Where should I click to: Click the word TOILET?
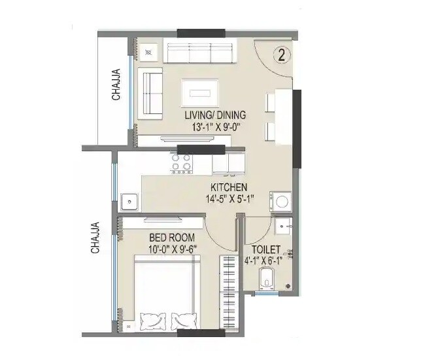pyautogui.click(x=266, y=250)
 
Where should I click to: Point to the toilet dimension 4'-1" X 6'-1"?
pyautogui.click(x=266, y=261)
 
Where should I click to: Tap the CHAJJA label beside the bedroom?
pyautogui.click(x=95, y=238)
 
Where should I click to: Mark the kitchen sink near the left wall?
pyautogui.click(x=129, y=200)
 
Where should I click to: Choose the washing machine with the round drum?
pyautogui.click(x=283, y=201)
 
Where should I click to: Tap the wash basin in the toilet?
pyautogui.click(x=284, y=226)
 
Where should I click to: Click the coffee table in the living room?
pyautogui.click(x=200, y=90)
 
